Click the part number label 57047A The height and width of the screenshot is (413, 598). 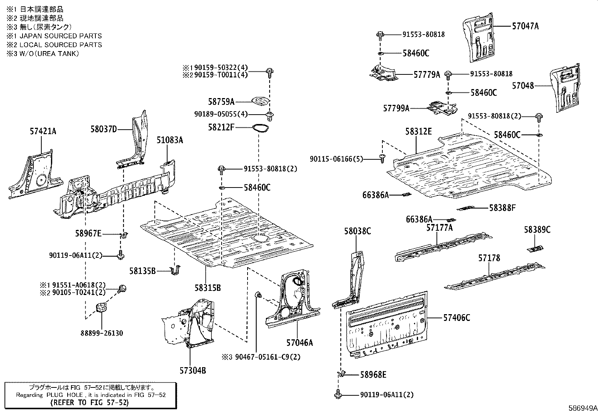(525, 26)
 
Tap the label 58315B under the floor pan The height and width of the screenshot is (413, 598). (207, 288)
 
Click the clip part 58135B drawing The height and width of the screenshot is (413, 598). (175, 270)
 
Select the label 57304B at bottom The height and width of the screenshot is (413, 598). (192, 371)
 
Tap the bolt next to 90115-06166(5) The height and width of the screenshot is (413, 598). (382, 159)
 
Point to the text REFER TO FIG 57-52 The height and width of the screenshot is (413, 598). (89, 402)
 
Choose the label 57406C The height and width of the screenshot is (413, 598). (456, 318)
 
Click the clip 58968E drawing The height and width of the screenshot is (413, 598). (341, 374)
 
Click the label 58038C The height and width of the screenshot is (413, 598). (357, 231)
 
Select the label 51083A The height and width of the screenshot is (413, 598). (170, 140)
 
